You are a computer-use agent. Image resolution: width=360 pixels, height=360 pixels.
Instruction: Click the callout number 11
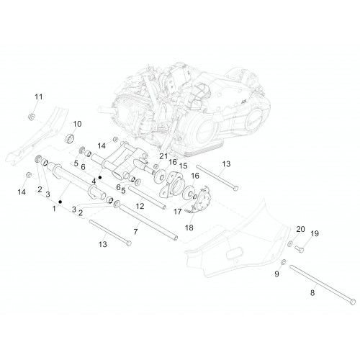coord(39,97)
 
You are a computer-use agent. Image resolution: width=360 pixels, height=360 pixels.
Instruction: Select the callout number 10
coord(77,124)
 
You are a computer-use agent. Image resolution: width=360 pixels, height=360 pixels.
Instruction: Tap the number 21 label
coord(163,156)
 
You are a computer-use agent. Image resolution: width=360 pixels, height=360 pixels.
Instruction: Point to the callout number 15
coord(183,166)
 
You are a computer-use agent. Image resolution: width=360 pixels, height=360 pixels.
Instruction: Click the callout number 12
coord(140,206)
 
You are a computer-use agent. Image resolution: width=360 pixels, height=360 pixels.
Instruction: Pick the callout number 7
coord(136,232)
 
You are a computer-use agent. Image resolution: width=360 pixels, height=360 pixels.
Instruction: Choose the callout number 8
coord(312,293)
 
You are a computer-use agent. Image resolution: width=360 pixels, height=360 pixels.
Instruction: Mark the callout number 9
coord(276,274)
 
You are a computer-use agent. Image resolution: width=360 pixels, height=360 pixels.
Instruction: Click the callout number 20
coord(300,229)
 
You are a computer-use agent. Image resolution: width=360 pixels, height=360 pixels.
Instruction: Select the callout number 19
coord(315,233)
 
